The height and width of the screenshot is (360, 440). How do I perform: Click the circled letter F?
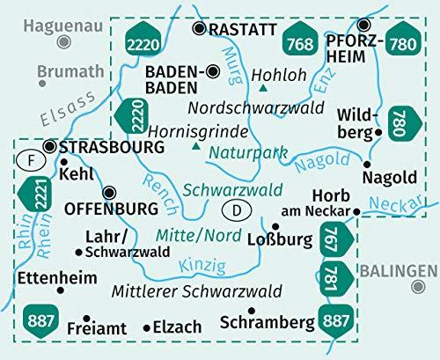tap(29, 162)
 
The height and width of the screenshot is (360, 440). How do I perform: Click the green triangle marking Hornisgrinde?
tap(194, 144)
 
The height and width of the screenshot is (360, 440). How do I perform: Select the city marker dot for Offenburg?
tap(109, 193)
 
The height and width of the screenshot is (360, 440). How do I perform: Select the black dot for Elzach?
tap(147, 327)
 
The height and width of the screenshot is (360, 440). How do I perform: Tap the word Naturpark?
tap(247, 152)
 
